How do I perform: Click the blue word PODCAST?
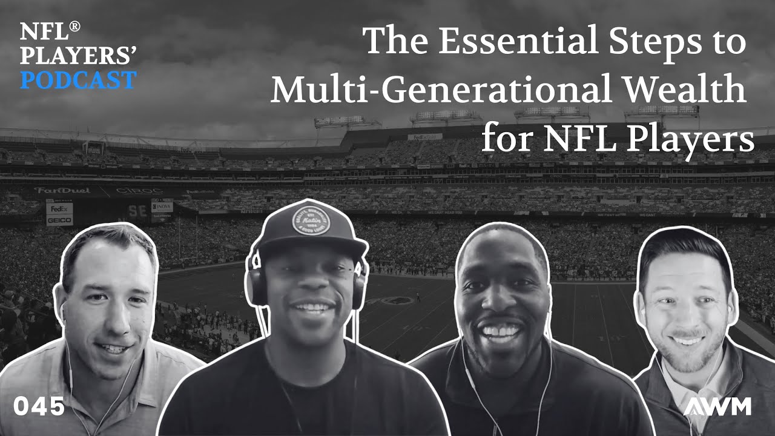[78, 80]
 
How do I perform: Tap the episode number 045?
[39, 407]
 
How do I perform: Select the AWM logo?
[717, 406]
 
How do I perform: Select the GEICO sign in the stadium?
[59, 220]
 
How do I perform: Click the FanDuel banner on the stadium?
[62, 190]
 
